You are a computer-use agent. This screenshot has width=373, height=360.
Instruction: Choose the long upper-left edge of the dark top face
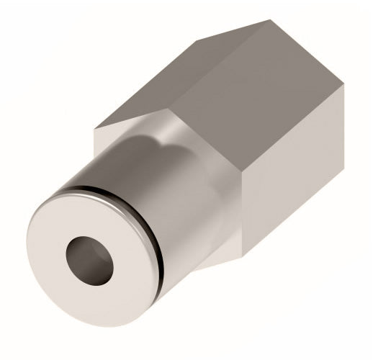[x=183, y=76]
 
